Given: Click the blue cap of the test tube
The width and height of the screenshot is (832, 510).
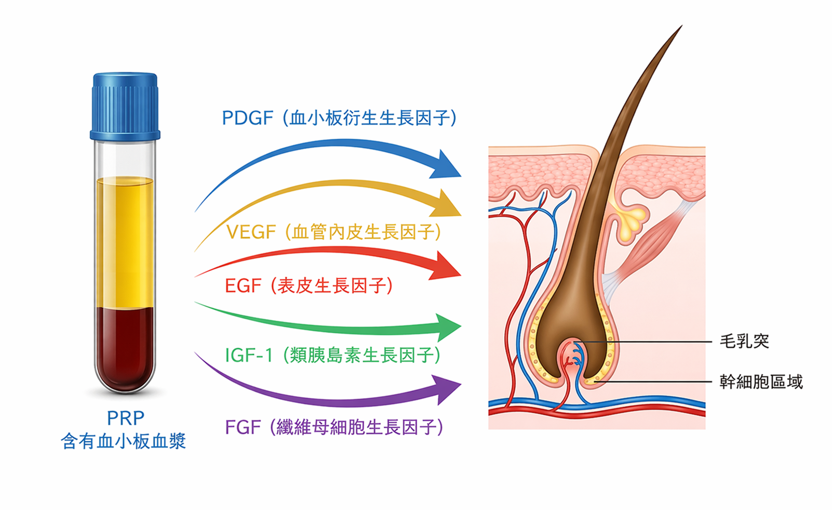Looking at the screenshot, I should click(x=125, y=107).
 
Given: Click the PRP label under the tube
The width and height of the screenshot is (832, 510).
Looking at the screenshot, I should click(x=125, y=418).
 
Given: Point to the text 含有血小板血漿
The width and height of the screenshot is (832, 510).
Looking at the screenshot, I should click(x=124, y=441).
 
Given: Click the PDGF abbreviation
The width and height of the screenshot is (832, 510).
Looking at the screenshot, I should click(x=247, y=118).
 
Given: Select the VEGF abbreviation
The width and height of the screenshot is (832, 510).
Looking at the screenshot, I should click(x=251, y=232).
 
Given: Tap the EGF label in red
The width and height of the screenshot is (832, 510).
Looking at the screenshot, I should click(x=243, y=286).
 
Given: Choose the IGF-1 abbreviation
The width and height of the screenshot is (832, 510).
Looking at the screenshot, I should click(x=248, y=356).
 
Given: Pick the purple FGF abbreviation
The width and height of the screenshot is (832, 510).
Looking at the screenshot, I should click(x=243, y=427).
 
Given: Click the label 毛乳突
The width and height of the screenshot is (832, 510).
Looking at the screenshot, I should click(x=744, y=342).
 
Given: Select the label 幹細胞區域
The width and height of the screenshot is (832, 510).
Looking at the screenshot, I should click(x=761, y=382).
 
